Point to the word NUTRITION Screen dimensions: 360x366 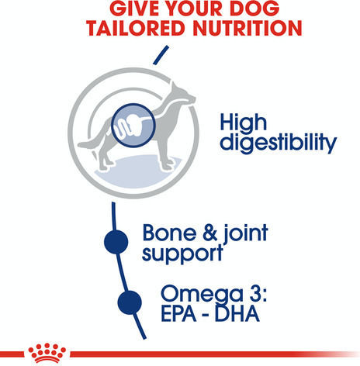(x=247, y=28)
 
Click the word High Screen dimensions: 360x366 (x=243, y=123)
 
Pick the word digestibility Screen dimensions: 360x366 (x=278, y=142)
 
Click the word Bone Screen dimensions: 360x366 (x=170, y=233)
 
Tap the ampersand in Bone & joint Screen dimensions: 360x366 (x=210, y=233)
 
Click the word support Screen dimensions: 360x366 (x=182, y=254)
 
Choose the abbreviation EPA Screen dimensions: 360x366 (x=178, y=313)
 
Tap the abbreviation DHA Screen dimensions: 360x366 (x=237, y=313)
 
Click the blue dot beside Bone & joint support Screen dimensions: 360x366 (x=116, y=242)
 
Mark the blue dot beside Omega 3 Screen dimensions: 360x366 (x=130, y=302)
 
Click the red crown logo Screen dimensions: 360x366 (x=47, y=353)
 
